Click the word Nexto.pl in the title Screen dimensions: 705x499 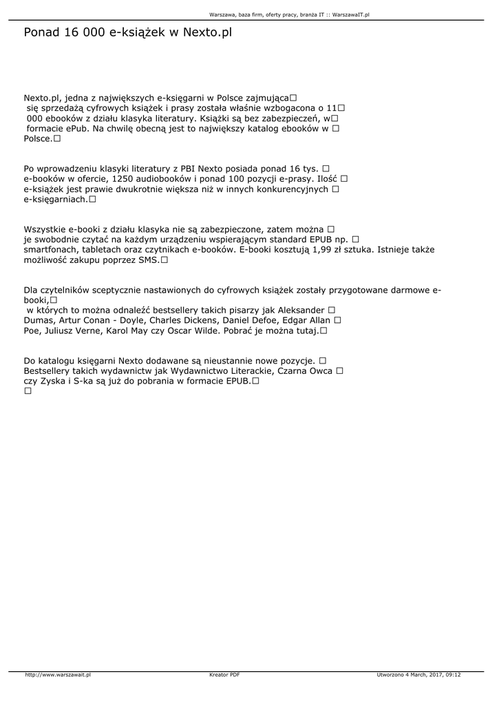(207, 32)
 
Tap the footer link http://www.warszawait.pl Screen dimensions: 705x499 (59, 675)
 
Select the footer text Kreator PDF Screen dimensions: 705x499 (224, 675)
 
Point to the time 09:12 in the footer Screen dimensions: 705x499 (453, 675)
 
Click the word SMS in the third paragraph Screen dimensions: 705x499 (149, 260)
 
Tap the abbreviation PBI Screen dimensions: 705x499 (189, 169)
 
